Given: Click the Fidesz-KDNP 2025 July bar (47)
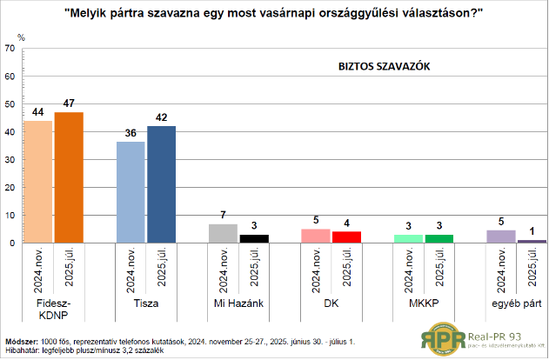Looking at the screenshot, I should click(x=69, y=177).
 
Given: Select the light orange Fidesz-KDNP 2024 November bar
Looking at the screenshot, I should click(x=38, y=182).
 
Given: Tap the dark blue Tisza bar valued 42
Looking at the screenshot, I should click(x=162, y=184).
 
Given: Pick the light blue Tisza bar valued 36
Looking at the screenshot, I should click(x=131, y=192).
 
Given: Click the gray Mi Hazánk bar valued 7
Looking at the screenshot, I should click(x=224, y=233).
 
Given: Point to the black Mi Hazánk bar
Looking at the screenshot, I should click(x=254, y=238).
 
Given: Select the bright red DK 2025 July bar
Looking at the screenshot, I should click(x=347, y=237).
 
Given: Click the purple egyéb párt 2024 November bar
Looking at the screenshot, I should click(x=502, y=236).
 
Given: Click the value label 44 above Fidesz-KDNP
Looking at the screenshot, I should click(x=38, y=113).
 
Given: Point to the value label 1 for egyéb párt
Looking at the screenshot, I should click(x=532, y=233).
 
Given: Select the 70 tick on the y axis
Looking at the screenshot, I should click(x=10, y=49).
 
